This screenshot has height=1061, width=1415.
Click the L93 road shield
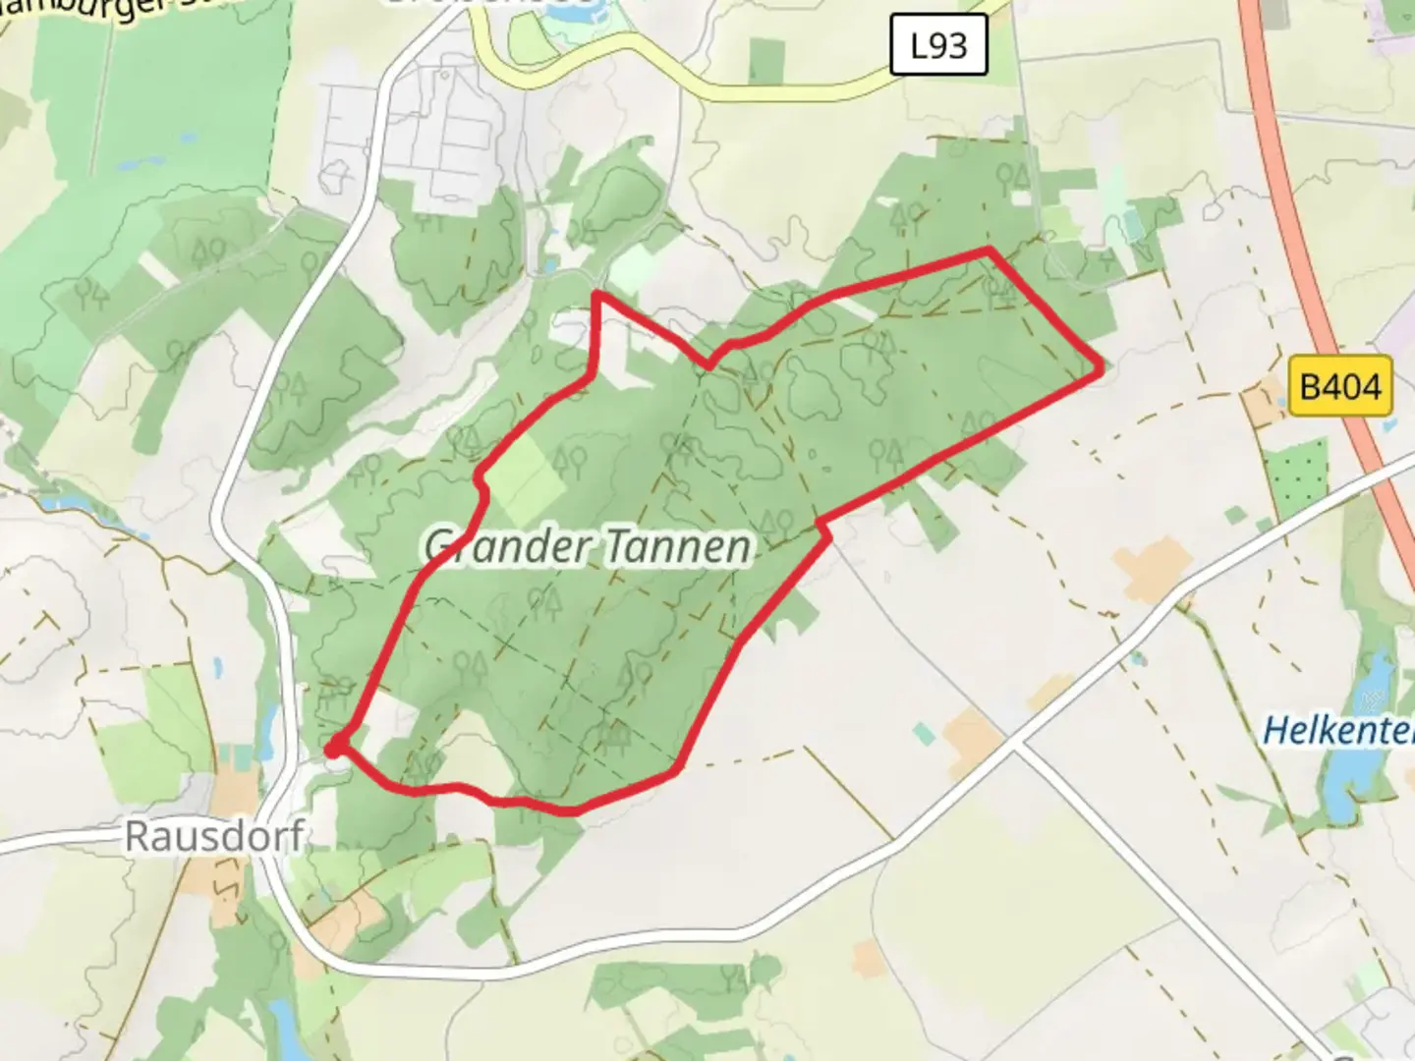point(937,45)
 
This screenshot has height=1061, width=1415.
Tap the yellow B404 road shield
point(1340,385)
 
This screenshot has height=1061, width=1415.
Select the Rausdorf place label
point(214,836)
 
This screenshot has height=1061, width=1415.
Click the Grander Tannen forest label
point(589,546)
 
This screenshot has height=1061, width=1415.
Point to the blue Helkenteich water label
point(1337,730)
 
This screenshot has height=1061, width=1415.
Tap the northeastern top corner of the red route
point(990,251)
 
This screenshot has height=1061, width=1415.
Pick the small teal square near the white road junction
point(923,733)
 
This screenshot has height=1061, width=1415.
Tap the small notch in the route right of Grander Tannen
point(825,530)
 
